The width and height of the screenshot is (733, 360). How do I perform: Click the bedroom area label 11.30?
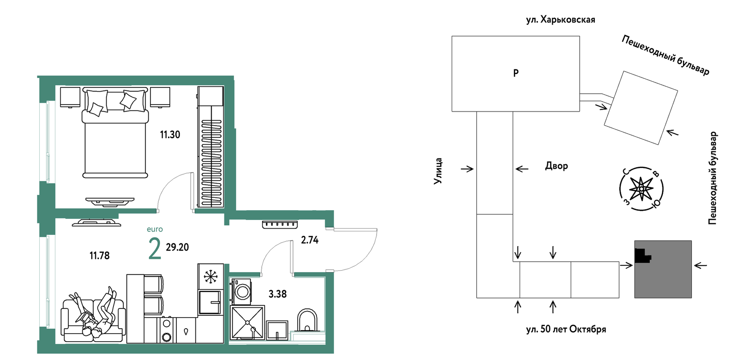(170, 135)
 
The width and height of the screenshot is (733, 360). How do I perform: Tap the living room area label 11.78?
(99, 256)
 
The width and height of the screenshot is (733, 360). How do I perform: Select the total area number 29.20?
(177, 247)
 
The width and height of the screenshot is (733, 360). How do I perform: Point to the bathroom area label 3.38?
(278, 294)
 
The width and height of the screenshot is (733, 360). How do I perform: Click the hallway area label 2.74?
(310, 240)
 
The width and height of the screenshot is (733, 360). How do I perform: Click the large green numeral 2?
(155, 248)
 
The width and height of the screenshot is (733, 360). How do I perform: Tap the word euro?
(155, 229)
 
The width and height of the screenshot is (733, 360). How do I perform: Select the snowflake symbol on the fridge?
(211, 277)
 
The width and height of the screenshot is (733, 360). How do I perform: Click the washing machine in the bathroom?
(241, 292)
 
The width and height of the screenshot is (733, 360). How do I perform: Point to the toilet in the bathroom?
(307, 320)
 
